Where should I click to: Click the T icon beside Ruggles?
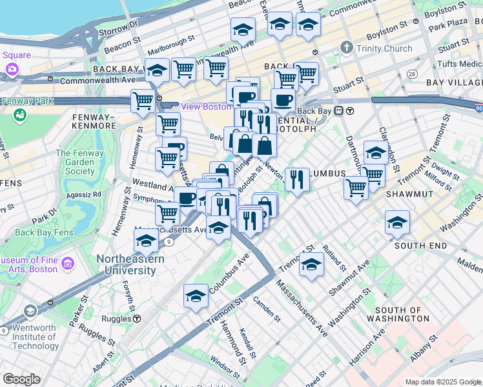[138, 318]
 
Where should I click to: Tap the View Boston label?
[205, 106]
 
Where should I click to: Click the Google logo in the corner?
[21, 379]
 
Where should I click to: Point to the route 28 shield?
[412, 75]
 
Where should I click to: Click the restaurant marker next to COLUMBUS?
[296, 179]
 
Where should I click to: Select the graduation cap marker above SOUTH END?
[397, 222]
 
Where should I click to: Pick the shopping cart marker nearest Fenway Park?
[142, 101]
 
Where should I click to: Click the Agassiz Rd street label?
[88, 193]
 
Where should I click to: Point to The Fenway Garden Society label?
[80, 162]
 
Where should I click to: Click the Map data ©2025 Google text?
[443, 382]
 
